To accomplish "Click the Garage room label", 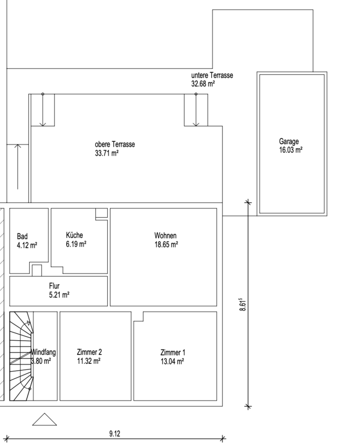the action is pyautogui.click(x=289, y=141).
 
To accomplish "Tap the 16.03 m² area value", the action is pyautogui.click(x=291, y=150).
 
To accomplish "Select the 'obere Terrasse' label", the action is pyautogui.click(x=115, y=144).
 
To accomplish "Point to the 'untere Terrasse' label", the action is pyautogui.click(x=212, y=75).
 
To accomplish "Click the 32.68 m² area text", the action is pyautogui.click(x=203, y=84).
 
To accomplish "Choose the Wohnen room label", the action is pyautogui.click(x=166, y=235).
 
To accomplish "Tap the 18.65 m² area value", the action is pyautogui.click(x=166, y=244).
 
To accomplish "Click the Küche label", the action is pyautogui.click(x=74, y=235).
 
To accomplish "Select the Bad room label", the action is pyautogui.click(x=22, y=236).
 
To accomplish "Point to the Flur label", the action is pyautogui.click(x=54, y=286).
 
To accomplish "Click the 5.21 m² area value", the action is pyautogui.click(x=59, y=295).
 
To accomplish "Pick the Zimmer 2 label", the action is pyautogui.click(x=90, y=352).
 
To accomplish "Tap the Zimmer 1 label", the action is pyautogui.click(x=173, y=353).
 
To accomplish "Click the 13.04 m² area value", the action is pyautogui.click(x=172, y=361).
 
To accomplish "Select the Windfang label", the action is pyautogui.click(x=43, y=352).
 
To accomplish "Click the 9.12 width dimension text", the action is pyautogui.click(x=115, y=434).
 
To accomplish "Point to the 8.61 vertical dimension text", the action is pyautogui.click(x=243, y=305).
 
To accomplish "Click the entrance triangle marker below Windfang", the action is pyautogui.click(x=45, y=419).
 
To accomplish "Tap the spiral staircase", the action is pyautogui.click(x=22, y=356).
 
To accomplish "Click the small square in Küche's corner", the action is pyautogui.click(x=101, y=213).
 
